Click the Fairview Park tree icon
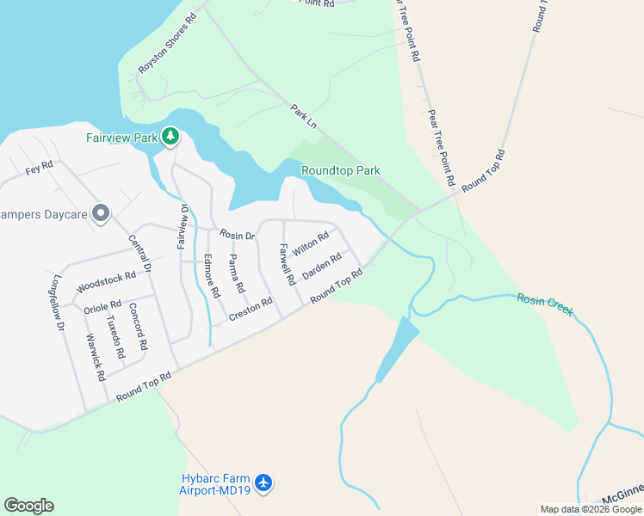170,136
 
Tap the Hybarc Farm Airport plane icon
263,482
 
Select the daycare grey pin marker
101,212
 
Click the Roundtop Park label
341,171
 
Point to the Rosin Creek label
545,304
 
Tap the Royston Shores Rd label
167,42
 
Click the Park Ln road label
304,117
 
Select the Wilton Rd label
311,244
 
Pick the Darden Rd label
322,266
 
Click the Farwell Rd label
286,264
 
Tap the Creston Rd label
251,310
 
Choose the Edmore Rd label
212,276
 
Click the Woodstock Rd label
107,280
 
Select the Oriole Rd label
102,305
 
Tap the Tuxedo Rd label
115,336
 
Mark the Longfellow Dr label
59,304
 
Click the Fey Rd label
40,167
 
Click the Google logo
28,506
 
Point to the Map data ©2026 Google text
591,509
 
